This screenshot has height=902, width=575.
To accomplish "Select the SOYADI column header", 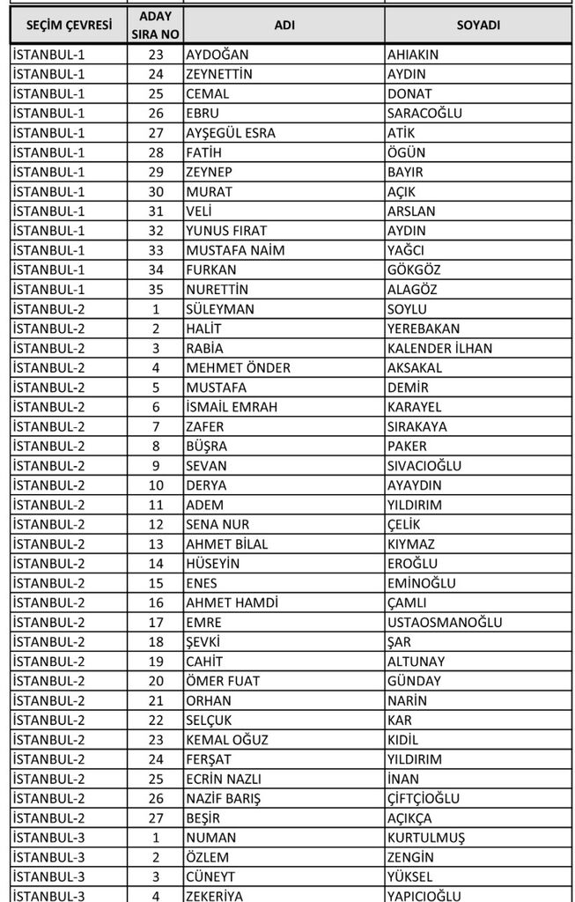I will [478, 26].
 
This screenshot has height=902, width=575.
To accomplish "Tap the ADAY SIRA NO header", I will [156, 26].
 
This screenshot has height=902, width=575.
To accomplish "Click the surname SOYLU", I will [407, 309].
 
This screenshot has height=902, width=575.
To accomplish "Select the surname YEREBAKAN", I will [425, 329].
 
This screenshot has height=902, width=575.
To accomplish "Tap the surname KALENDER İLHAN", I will [439, 348].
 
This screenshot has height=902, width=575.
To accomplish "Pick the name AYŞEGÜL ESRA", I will [231, 133].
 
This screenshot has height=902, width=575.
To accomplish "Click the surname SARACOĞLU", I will [424, 114].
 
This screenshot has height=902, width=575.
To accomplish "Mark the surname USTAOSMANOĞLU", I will [445, 622].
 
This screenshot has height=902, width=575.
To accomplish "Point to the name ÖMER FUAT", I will [224, 681].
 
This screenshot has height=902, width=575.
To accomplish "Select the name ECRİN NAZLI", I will [224, 779].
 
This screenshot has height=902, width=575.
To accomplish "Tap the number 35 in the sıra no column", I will [156, 290].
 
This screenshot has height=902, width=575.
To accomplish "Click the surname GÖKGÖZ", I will [414, 270].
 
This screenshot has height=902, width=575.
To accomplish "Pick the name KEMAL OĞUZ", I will [227, 739].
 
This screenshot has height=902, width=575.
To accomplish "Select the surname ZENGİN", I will [410, 856].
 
